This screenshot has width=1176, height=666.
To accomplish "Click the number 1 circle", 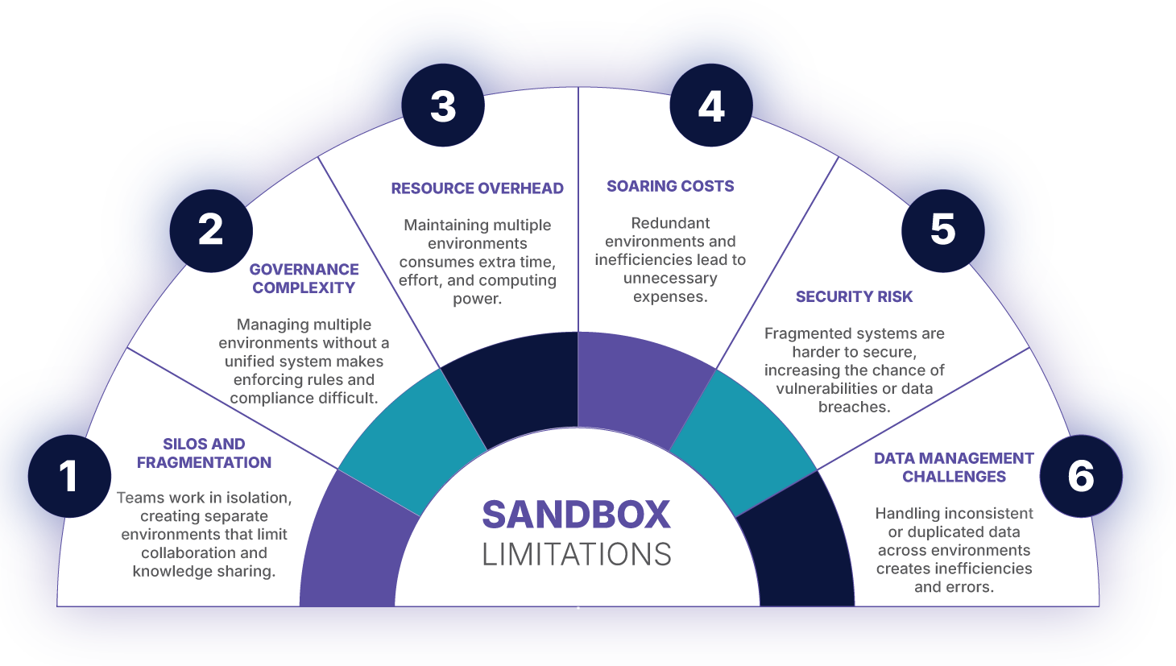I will click(x=69, y=476).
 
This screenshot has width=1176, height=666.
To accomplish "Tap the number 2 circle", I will click(x=211, y=230).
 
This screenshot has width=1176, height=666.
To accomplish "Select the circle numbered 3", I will click(x=443, y=105).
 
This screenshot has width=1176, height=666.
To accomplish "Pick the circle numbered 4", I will click(x=711, y=105).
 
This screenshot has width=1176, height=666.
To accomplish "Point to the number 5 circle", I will click(x=942, y=230).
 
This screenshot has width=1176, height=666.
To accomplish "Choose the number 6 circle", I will click(x=1080, y=476).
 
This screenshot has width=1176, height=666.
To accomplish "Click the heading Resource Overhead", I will click(x=477, y=188).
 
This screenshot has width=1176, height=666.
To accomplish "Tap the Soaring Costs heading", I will click(x=670, y=186).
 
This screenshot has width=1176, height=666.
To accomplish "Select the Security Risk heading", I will click(x=854, y=296).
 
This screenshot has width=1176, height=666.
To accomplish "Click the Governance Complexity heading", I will click(x=304, y=278).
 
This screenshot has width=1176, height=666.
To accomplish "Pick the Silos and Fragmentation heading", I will click(x=204, y=453).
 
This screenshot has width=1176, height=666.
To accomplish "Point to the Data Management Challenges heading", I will click(x=954, y=467).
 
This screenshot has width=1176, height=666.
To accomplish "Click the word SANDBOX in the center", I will click(x=576, y=515).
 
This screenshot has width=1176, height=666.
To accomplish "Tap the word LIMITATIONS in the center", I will click(x=576, y=554).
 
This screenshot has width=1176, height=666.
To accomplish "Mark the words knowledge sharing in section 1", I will click(x=204, y=572).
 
